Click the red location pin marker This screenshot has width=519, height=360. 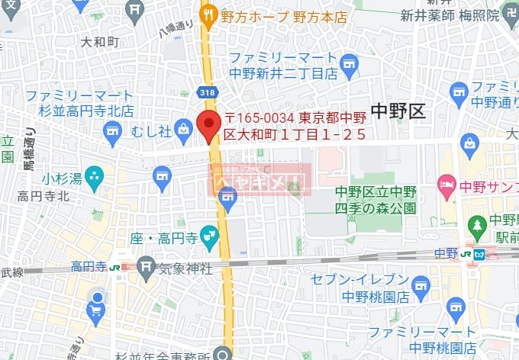pos(207,124)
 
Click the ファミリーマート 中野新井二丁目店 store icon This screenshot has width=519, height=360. pos(350,61)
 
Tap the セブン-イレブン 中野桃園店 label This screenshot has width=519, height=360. pos(369,288)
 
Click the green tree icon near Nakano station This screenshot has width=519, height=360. pos(478,225)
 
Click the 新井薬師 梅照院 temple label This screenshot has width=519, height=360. pos(450,15)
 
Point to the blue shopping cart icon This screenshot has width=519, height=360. pos(96,309)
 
